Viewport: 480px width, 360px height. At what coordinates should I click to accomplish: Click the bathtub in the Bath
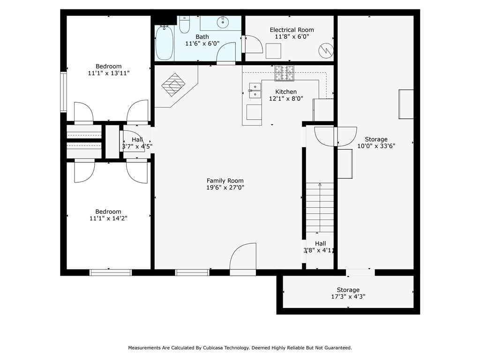[x=165, y=43]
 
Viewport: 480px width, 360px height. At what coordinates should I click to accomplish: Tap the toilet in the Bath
[x=184, y=24]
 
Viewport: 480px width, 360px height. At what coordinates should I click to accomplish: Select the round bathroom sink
[x=223, y=22]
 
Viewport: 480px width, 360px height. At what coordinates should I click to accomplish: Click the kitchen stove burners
[x=284, y=73]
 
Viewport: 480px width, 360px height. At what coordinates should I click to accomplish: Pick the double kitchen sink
[x=255, y=90]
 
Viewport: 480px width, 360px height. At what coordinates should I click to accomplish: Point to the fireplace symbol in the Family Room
[x=173, y=84]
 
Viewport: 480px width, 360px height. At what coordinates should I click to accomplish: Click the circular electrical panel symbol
[x=326, y=51]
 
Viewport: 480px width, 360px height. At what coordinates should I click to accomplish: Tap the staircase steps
[x=320, y=208]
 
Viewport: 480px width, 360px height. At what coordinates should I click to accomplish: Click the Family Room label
[x=225, y=180]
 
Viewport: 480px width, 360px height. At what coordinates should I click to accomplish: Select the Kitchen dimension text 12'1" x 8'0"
[x=286, y=98]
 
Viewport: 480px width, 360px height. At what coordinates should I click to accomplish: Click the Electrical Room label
[x=292, y=30]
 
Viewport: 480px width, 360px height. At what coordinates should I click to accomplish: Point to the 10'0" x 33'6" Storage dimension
[x=376, y=146]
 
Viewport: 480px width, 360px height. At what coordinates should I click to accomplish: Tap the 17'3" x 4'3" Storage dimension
[x=348, y=296]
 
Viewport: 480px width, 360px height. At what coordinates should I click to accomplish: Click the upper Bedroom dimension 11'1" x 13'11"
[x=109, y=73]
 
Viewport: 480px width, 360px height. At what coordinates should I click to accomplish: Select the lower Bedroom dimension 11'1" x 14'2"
[x=108, y=218]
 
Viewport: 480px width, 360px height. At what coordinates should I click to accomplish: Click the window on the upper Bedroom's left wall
[x=63, y=92]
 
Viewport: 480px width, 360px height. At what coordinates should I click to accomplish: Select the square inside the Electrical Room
[x=273, y=51]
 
